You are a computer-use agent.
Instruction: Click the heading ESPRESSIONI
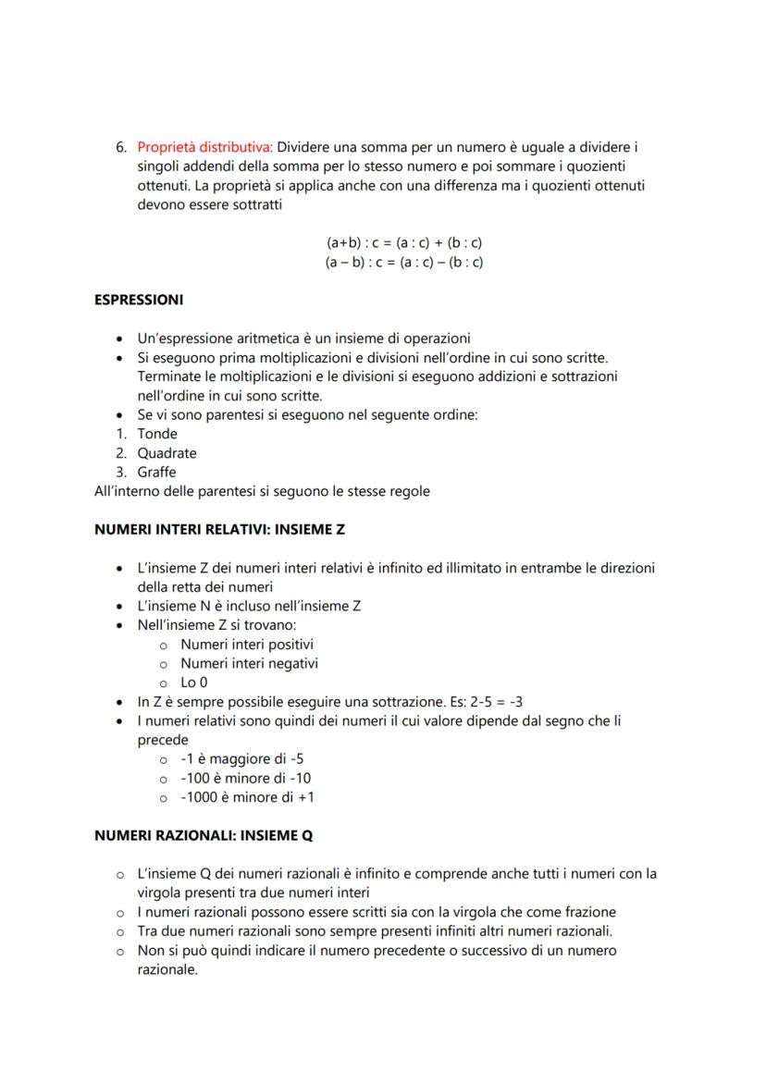[x=139, y=300]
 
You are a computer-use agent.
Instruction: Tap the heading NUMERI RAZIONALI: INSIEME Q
[x=204, y=835]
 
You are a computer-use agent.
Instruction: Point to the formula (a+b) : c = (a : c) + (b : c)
[x=404, y=242]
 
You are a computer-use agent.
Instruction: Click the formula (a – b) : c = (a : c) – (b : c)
[x=404, y=262]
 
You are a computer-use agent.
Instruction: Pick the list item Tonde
[x=157, y=434]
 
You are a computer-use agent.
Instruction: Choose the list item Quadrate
[x=167, y=453]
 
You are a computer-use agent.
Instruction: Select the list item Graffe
[x=156, y=473]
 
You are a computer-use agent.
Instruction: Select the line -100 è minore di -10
[x=245, y=778]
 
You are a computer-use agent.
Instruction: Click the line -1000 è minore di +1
[x=247, y=797]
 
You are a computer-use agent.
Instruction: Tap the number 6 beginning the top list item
[x=120, y=147]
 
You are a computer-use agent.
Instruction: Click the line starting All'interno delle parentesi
[x=262, y=491]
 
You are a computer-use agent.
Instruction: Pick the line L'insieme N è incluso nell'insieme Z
[x=249, y=606]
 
